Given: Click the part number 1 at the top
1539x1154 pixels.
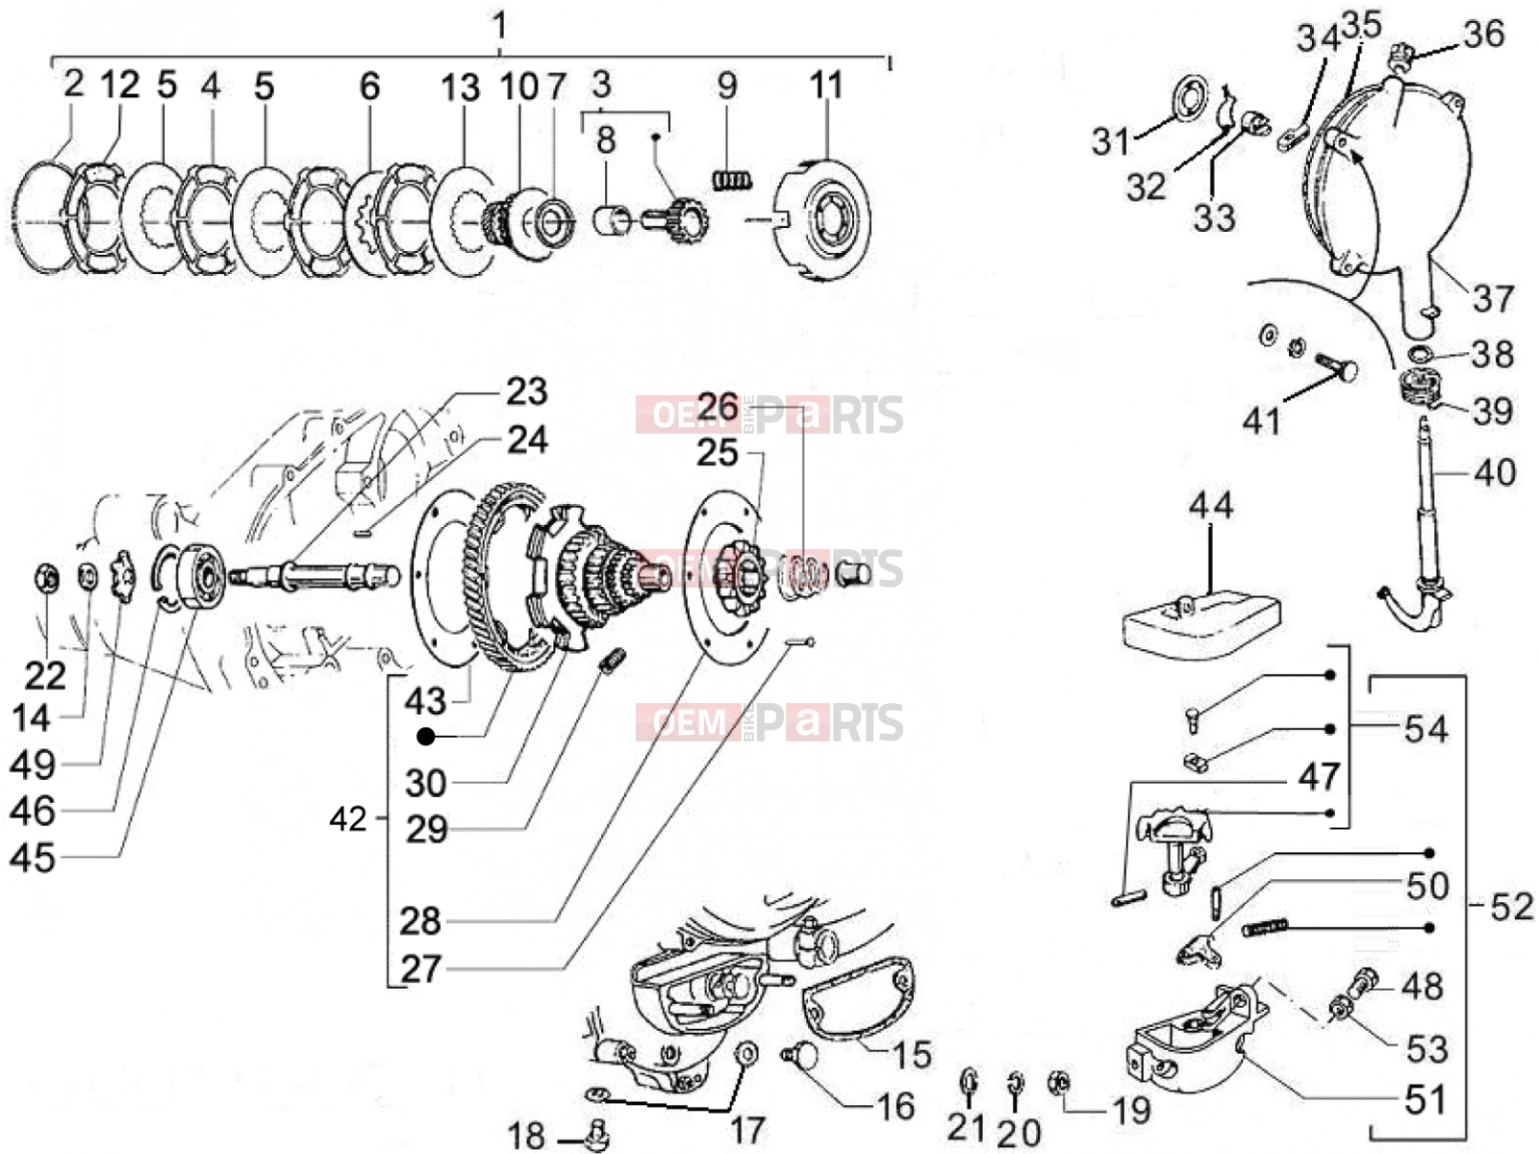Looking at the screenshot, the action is click(x=499, y=26).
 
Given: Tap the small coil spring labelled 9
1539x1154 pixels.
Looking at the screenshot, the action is click(x=732, y=181).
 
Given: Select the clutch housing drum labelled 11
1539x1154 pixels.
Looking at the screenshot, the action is click(x=821, y=220).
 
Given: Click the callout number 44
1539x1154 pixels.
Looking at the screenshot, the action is click(x=1211, y=505).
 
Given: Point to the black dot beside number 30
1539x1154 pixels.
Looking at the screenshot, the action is click(x=425, y=737).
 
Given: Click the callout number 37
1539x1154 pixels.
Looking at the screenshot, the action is click(x=1493, y=298).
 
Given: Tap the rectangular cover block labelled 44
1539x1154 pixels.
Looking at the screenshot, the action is click(x=1201, y=625).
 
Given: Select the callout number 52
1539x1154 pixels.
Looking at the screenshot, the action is click(x=1512, y=908).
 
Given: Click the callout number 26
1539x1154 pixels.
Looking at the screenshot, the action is click(x=718, y=407).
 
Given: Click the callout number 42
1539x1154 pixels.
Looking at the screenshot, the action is click(x=348, y=818).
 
